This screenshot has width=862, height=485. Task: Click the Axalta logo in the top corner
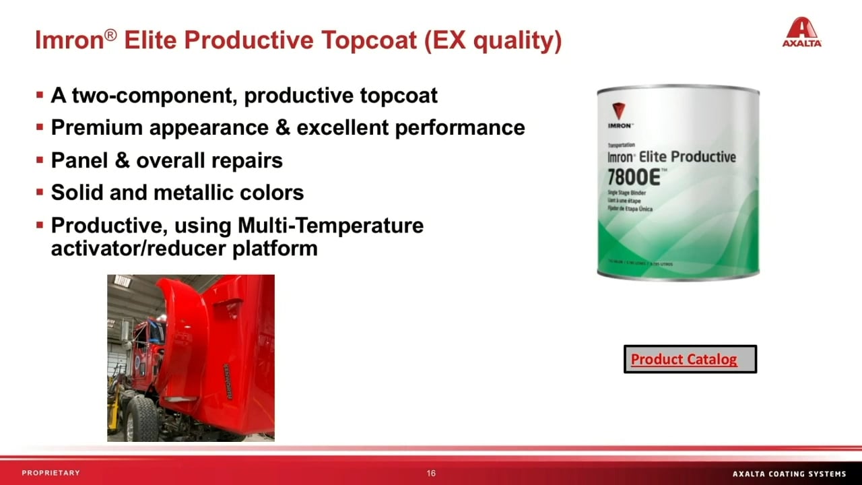coord(801,32)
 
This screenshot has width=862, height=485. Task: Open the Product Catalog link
coord(684,360)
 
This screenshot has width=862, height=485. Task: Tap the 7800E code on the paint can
coord(636,179)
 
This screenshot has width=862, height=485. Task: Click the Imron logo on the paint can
coord(619,115)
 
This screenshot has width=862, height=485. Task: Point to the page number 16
coord(431,473)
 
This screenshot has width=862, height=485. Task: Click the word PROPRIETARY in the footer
coord(51,473)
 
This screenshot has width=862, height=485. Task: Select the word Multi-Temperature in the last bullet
coord(331,225)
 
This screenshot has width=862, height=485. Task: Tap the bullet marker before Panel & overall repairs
coord(40,160)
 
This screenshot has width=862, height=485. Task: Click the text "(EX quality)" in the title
coord(492,41)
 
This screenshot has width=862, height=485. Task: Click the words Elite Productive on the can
coord(687,157)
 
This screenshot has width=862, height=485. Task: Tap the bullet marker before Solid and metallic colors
coord(40,193)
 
